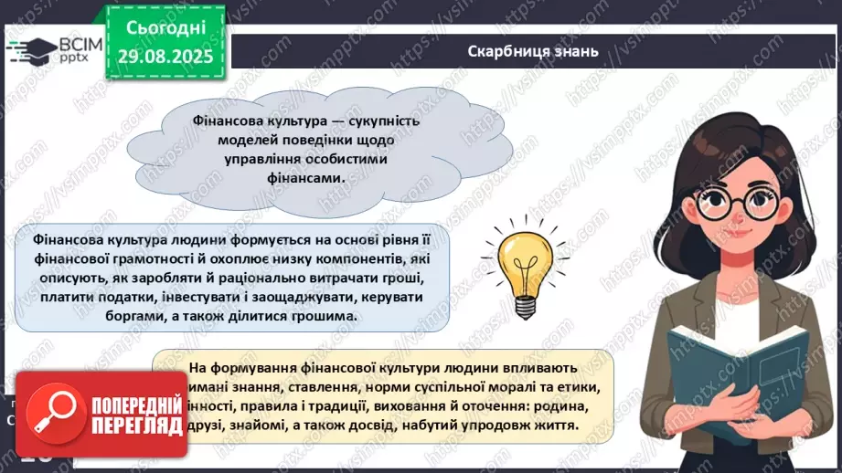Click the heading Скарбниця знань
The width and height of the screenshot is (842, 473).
(x=532, y=51)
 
